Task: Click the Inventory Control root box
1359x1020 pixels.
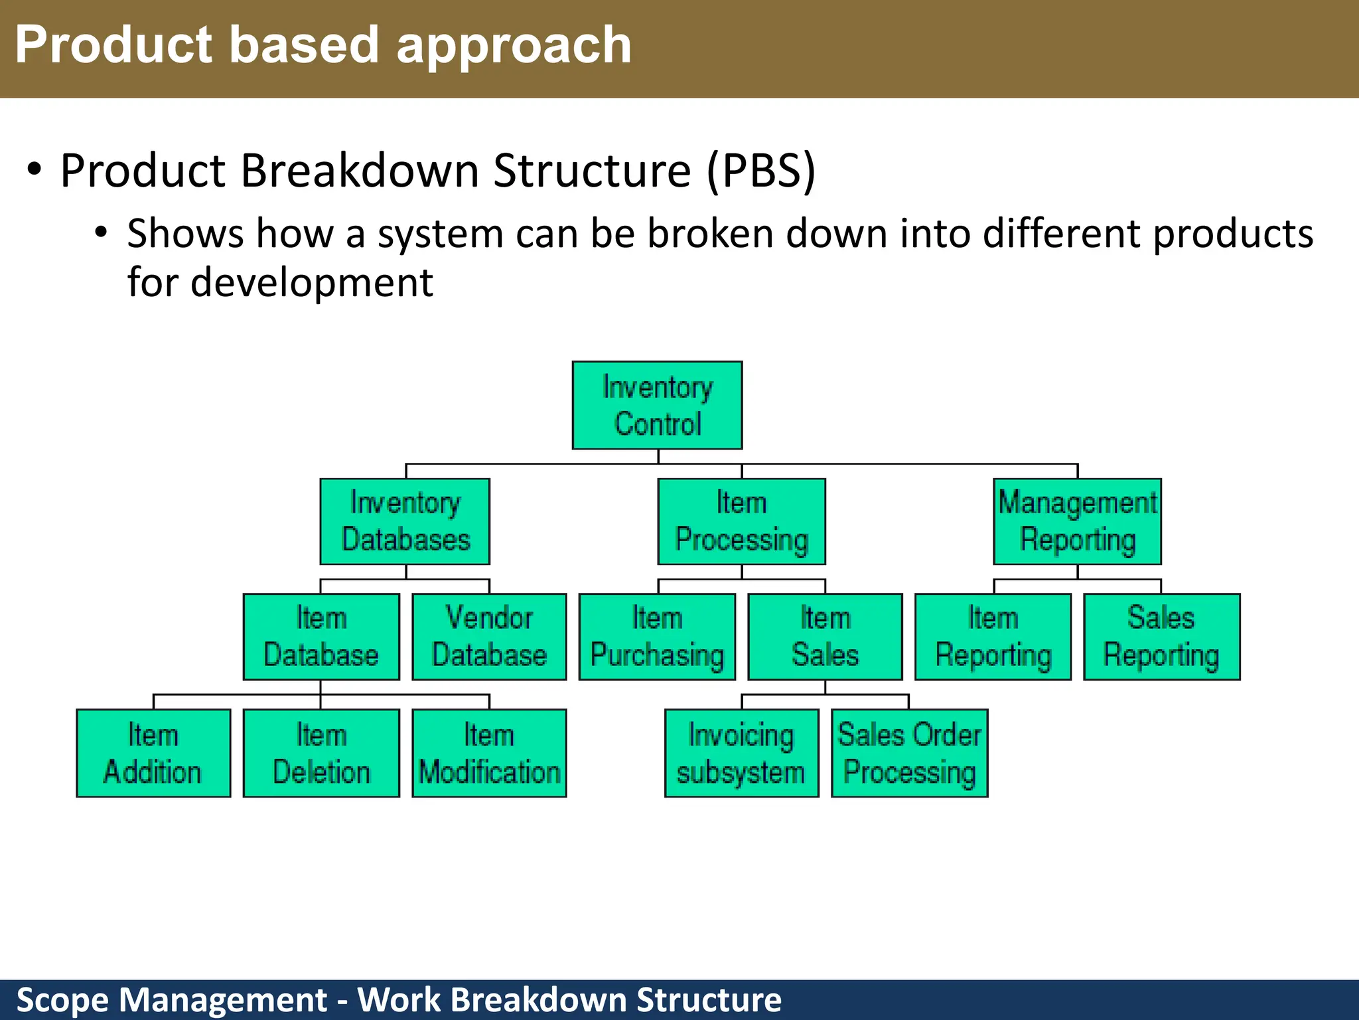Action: pyautogui.click(x=657, y=405)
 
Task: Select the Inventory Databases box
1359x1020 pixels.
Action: pyautogui.click(x=405, y=521)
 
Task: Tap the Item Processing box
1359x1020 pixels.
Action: pyautogui.click(x=741, y=521)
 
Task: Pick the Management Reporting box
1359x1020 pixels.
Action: pyautogui.click(x=1077, y=521)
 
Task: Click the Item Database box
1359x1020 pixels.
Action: pyautogui.click(x=321, y=637)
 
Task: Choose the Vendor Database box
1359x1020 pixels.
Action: pyautogui.click(x=489, y=637)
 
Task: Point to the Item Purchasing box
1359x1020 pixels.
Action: pyautogui.click(x=657, y=637)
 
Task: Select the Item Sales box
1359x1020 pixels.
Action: pyautogui.click(x=825, y=637)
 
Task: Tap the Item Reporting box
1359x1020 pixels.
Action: pyautogui.click(x=993, y=637)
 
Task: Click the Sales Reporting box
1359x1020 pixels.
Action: pyautogui.click(x=1161, y=637)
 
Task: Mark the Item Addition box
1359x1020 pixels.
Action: pyautogui.click(x=153, y=753)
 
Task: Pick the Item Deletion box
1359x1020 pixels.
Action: pyautogui.click(x=321, y=753)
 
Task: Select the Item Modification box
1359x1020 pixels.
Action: pyautogui.click(x=489, y=753)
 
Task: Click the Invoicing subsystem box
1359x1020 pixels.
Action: pyautogui.click(x=741, y=753)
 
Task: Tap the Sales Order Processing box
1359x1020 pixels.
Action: pyautogui.click(x=909, y=753)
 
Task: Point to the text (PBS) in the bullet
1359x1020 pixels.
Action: pyautogui.click(x=760, y=171)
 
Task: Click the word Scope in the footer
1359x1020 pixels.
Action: pyautogui.click(x=62, y=1000)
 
